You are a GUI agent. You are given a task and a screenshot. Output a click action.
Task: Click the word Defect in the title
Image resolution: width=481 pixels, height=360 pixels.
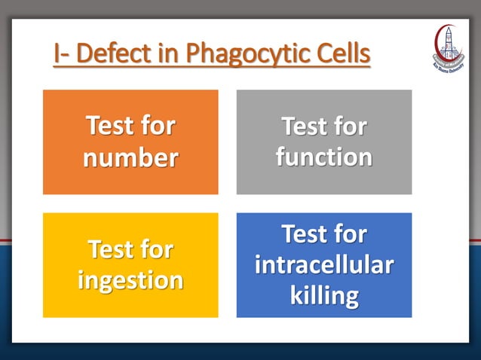coord(115,54)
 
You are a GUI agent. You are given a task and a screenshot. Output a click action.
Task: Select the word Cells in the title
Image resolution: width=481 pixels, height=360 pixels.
coord(342,54)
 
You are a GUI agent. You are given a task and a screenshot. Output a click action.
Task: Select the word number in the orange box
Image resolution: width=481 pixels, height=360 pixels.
coord(130,158)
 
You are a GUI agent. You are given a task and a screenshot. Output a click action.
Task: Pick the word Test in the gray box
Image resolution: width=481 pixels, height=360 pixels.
coord(304,126)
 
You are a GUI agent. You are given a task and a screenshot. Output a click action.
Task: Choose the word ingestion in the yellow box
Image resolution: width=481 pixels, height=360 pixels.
coord(130,280)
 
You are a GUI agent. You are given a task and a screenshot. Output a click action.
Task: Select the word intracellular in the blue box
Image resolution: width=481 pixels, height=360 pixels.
coord(324,265)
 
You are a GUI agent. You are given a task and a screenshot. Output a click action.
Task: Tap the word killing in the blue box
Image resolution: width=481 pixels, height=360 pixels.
coord(324,295)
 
